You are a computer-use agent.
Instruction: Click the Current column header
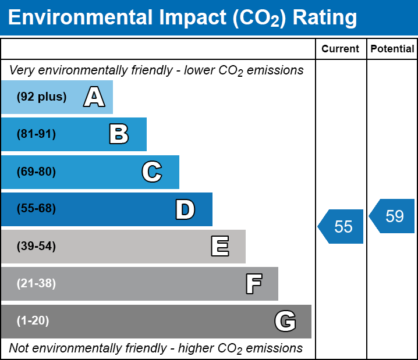click(340, 49)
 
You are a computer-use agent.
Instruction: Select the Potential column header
click(392, 49)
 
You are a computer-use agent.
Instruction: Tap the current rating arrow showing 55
click(340, 227)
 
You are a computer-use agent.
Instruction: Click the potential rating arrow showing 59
click(392, 216)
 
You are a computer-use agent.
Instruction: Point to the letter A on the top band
click(94, 97)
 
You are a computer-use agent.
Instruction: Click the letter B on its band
click(119, 134)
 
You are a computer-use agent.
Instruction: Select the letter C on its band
click(152, 172)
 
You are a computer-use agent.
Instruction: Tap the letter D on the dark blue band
click(185, 209)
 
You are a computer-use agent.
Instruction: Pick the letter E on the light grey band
click(220, 246)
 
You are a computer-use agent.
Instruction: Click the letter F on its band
click(254, 284)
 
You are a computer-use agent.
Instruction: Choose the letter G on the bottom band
click(285, 321)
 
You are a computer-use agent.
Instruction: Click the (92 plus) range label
click(41, 97)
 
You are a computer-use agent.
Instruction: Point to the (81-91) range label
click(36, 134)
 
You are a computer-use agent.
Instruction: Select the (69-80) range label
click(36, 172)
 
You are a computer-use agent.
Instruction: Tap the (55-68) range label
click(36, 208)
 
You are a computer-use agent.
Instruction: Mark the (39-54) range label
click(36, 247)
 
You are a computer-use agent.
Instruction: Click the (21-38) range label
click(36, 284)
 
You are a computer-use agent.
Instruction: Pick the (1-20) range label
click(33, 321)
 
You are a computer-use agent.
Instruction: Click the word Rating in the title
click(325, 18)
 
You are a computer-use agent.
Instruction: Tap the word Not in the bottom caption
click(19, 348)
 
